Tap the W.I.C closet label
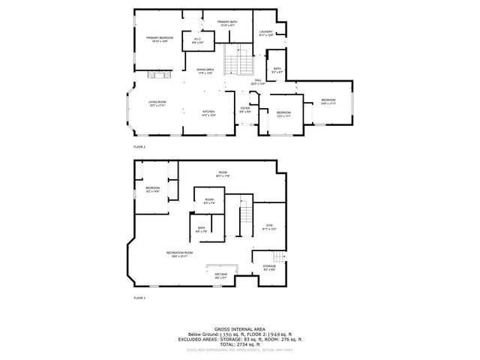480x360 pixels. coord(196,40)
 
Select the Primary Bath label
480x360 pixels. coord(227,23)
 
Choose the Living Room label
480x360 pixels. coord(157,103)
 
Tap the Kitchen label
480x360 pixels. coord(208,114)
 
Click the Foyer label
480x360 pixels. coord(244,109)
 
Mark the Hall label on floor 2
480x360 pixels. coord(257,81)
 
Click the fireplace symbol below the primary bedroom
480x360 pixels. coord(158,74)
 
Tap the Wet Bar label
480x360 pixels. coord(222,277)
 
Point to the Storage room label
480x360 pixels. coord(269,268)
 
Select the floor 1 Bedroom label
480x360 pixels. coord(153,189)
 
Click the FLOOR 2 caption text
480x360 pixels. coord(139,147)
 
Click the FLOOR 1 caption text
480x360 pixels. coord(139,298)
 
